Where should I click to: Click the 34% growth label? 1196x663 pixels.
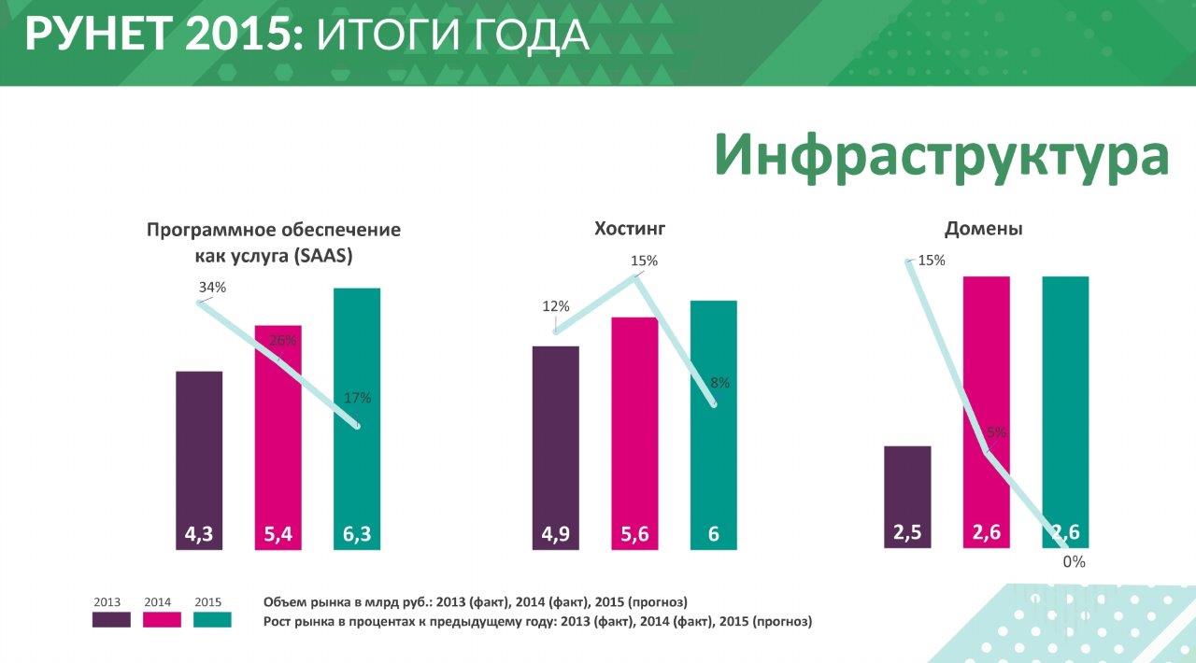tap(212, 288)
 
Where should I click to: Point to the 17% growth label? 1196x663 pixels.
tap(357, 398)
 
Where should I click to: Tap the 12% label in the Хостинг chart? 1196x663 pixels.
tap(555, 306)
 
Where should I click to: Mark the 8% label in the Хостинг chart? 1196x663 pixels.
tap(719, 383)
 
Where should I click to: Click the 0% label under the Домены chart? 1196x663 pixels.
tap(1074, 562)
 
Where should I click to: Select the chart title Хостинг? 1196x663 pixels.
tap(630, 229)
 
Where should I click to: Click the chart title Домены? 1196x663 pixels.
tap(983, 229)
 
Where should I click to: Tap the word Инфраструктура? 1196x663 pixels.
tap(941, 154)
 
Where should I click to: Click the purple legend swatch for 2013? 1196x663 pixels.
tap(111, 619)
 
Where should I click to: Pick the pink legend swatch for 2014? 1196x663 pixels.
tap(162, 619)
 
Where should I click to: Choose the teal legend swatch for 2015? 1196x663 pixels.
tap(212, 619)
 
